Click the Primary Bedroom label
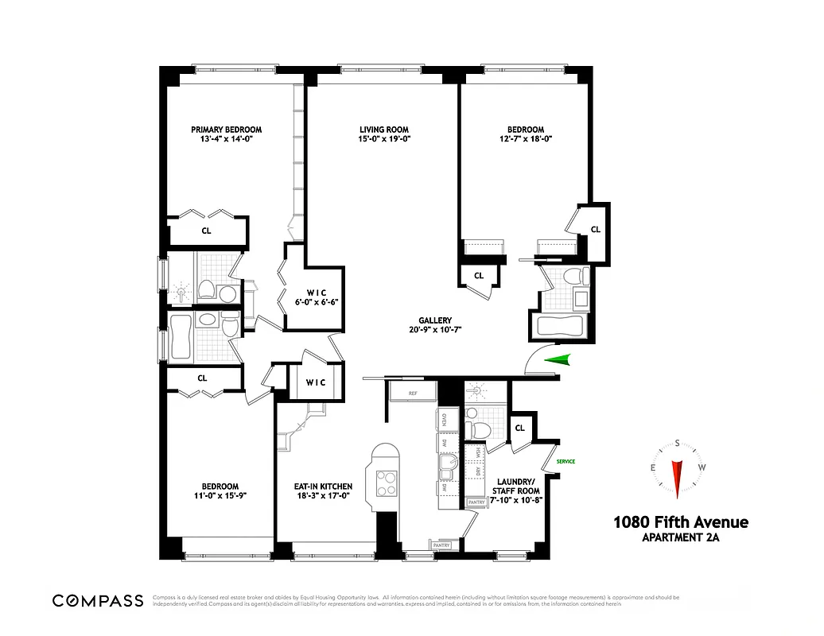226,130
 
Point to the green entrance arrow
557,360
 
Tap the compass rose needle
678,477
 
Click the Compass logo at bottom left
98,600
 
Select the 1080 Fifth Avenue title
680,522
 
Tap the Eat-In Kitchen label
323,487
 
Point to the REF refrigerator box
413,394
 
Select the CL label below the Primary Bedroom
206,231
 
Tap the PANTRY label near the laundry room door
476,502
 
